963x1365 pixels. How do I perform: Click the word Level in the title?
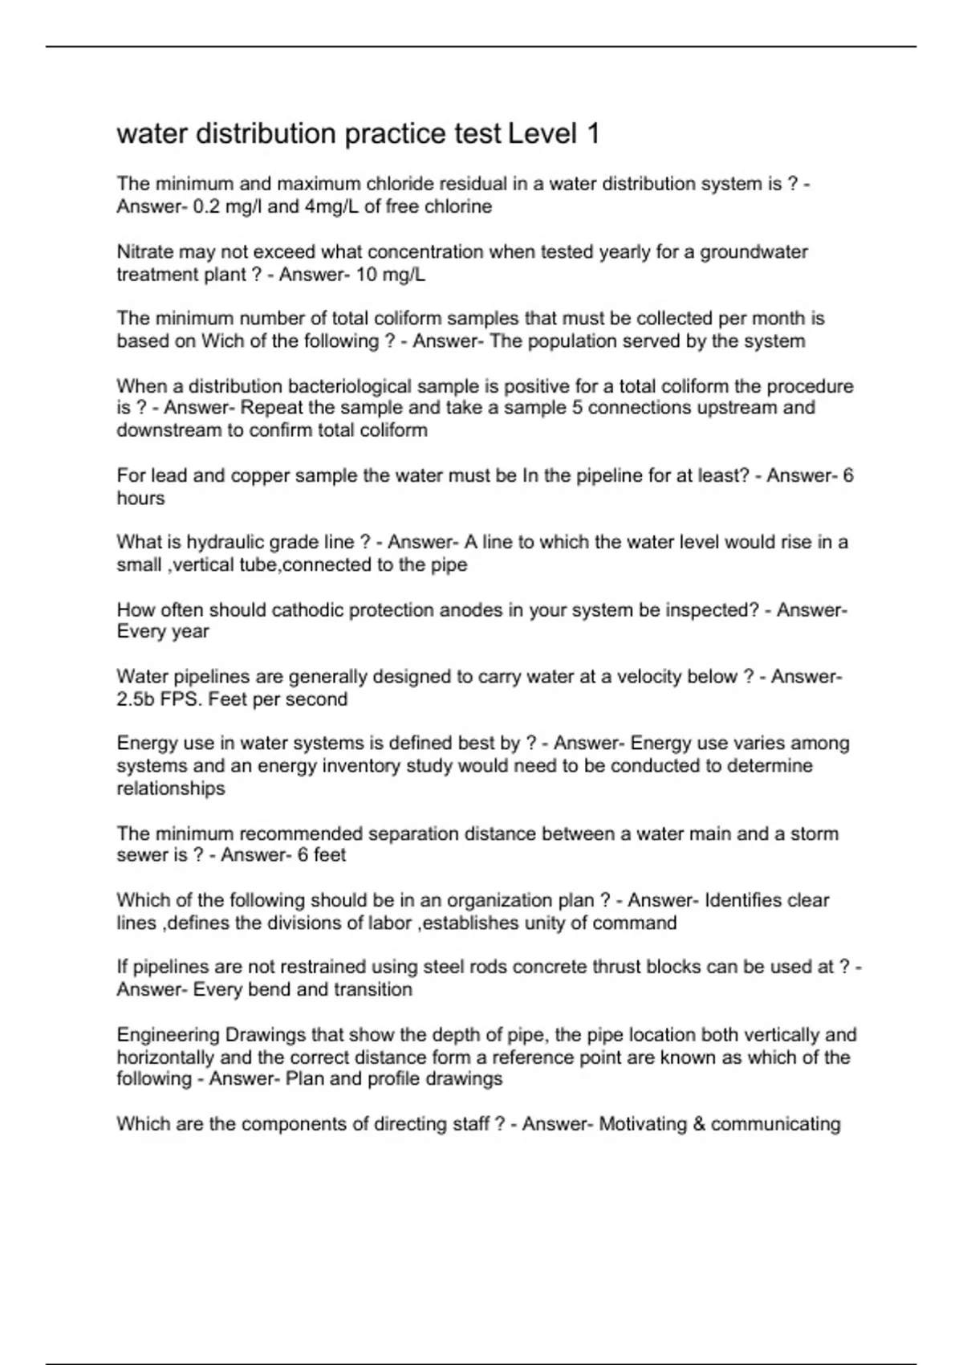pos(542,134)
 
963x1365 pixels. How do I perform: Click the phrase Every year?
pos(163,632)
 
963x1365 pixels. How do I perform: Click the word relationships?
pos(171,788)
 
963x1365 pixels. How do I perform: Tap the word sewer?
pos(140,855)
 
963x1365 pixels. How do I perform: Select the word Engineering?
pos(168,1035)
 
